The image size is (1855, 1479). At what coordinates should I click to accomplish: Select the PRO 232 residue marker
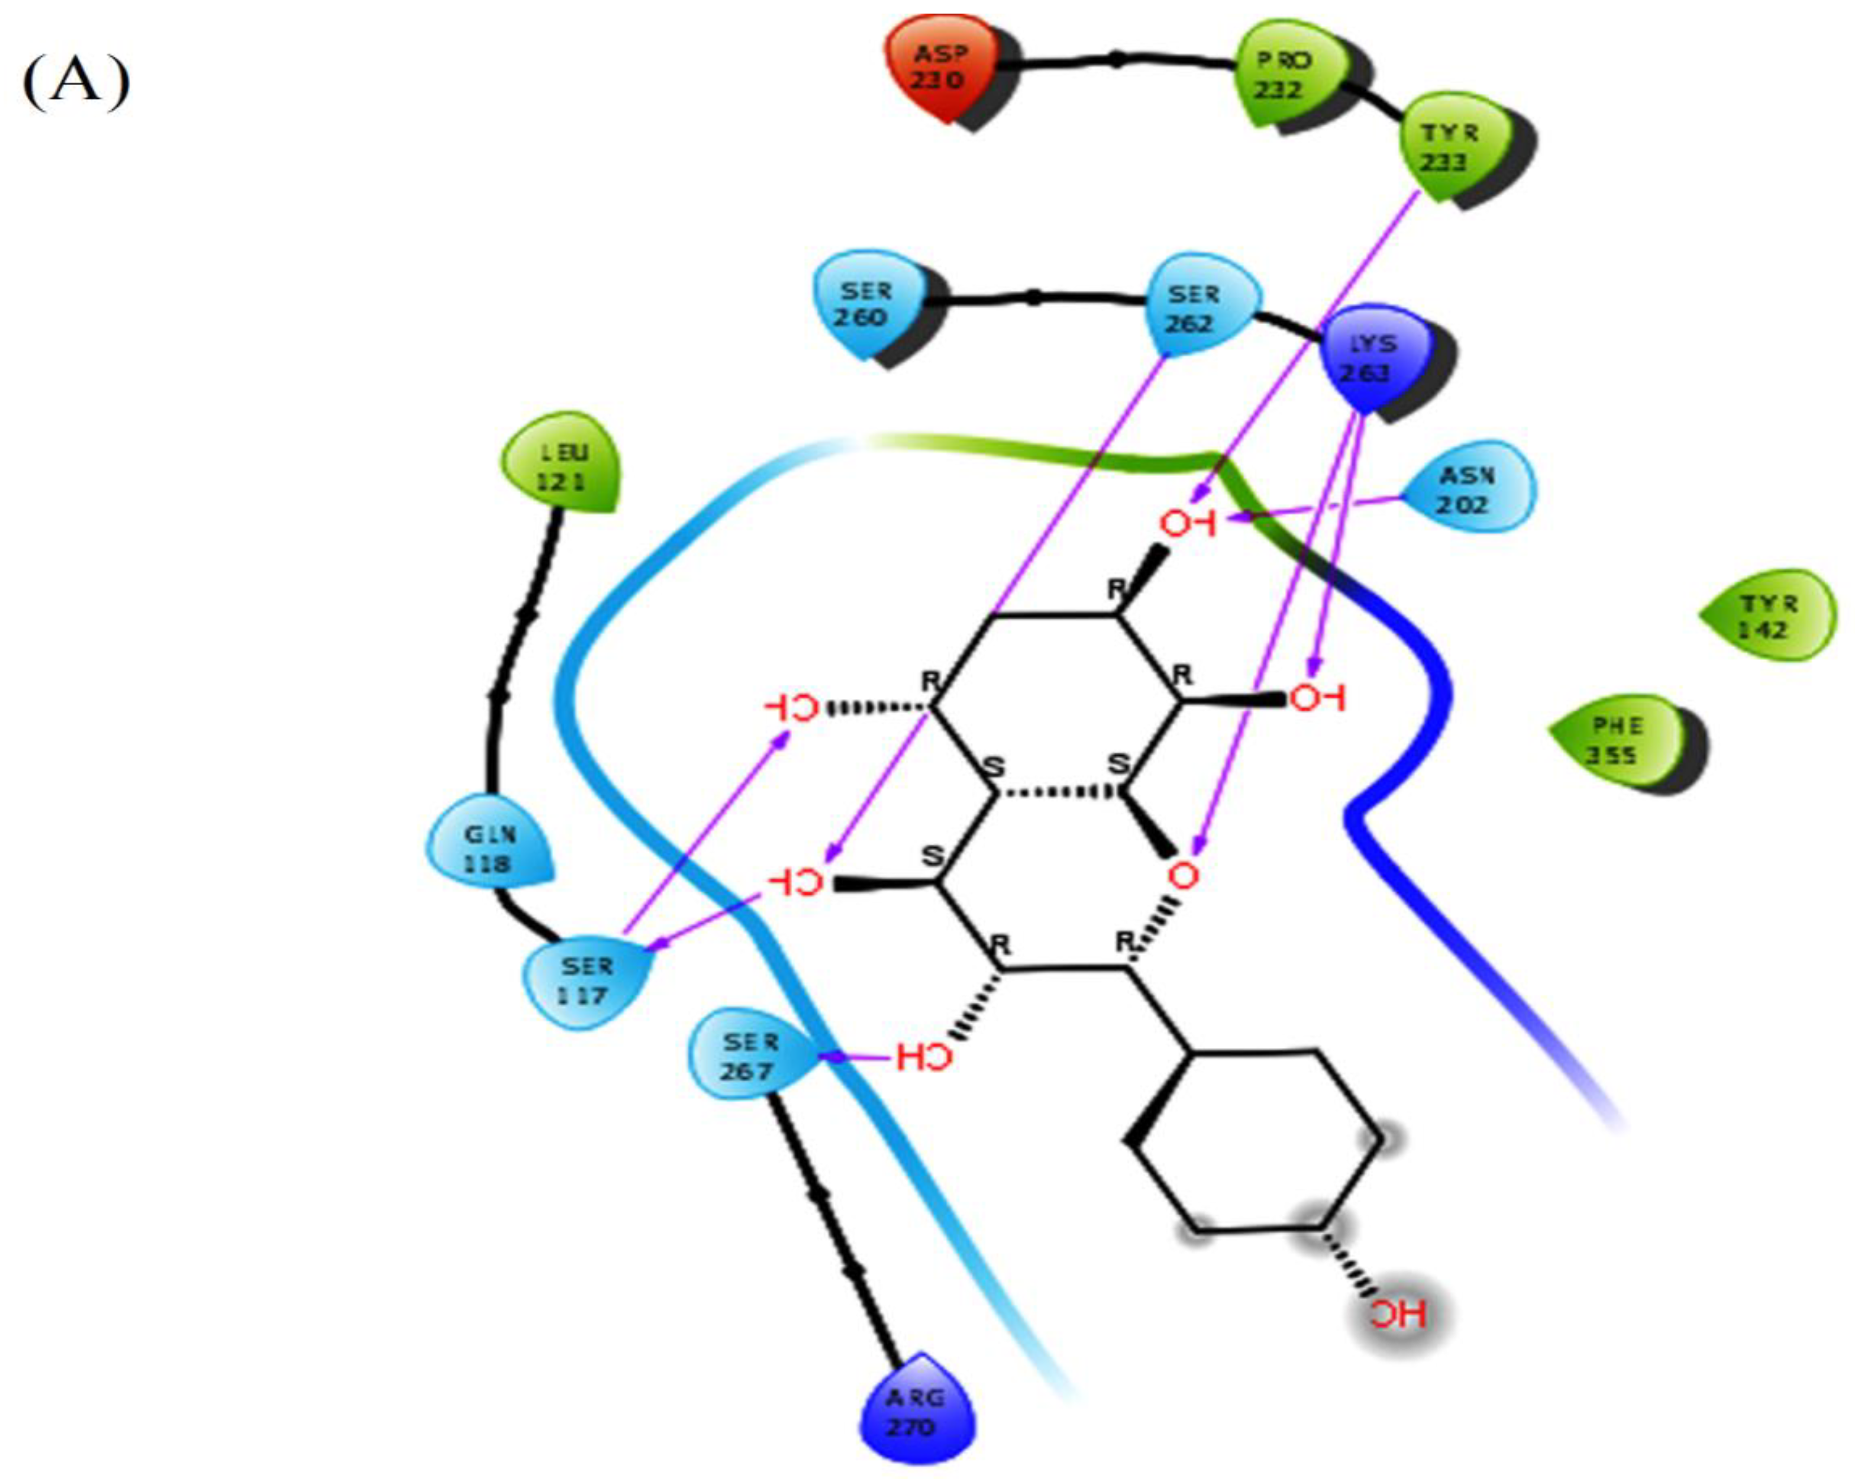(x=1284, y=76)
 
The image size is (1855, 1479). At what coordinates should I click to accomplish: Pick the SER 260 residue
(x=867, y=305)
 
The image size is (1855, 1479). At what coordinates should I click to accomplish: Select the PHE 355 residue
(x=1616, y=740)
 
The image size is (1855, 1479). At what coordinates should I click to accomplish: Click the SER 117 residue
(x=586, y=981)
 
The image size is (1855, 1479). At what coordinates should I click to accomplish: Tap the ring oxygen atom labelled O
(x=1184, y=876)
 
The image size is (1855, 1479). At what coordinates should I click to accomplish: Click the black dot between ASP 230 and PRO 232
(x=1116, y=59)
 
